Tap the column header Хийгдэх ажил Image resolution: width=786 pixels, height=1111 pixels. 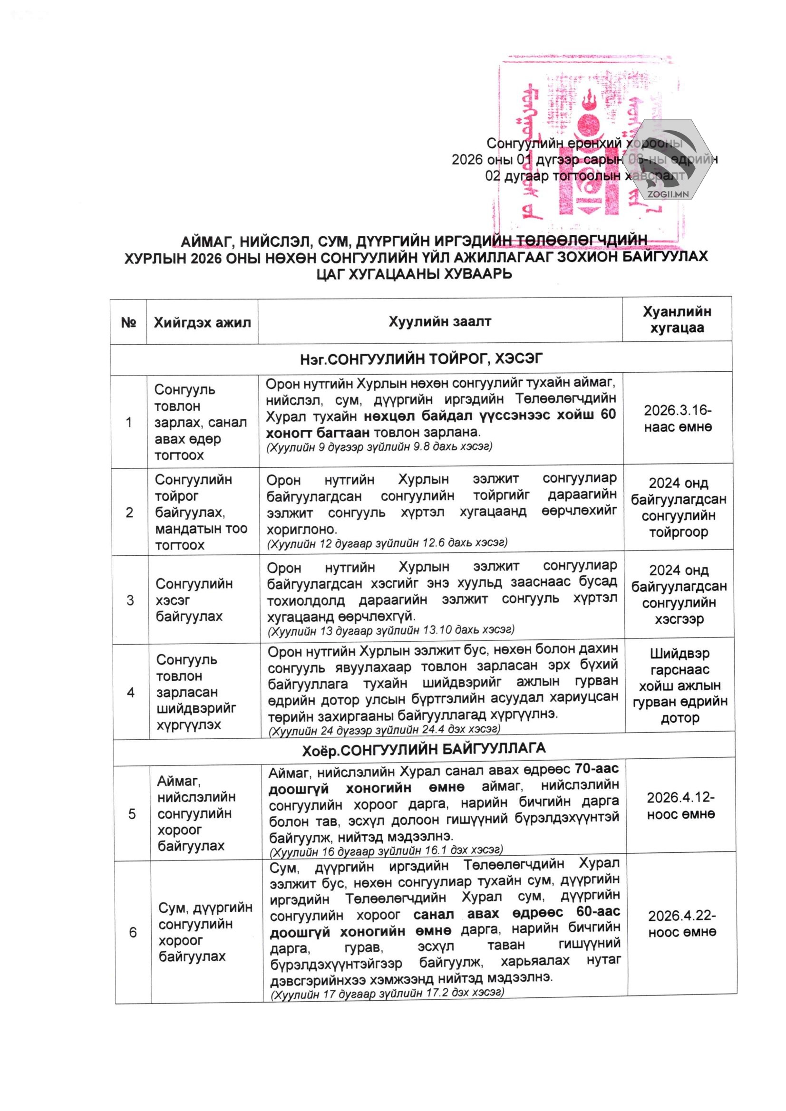[x=202, y=323]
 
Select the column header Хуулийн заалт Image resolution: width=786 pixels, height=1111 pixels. [x=439, y=322]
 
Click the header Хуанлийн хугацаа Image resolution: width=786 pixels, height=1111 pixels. [x=677, y=320]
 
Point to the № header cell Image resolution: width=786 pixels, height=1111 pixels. [x=128, y=323]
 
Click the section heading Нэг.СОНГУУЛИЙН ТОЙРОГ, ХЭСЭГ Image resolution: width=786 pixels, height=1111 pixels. [x=421, y=358]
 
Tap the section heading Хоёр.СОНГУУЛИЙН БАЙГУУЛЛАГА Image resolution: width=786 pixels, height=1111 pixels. [x=424, y=750]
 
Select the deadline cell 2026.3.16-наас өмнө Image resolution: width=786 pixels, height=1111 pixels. [x=678, y=418]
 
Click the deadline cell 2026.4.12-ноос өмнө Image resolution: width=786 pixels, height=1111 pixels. [x=680, y=806]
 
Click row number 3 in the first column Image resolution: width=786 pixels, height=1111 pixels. [x=130, y=600]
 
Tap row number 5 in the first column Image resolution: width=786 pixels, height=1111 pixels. [x=132, y=814]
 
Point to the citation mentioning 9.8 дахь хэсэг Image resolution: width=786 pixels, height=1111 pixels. [x=379, y=446]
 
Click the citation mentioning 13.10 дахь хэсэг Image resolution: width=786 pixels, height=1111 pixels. [x=391, y=630]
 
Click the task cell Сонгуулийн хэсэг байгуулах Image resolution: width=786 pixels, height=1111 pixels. [x=194, y=600]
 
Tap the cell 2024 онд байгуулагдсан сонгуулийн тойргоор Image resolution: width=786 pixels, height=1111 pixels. [x=679, y=508]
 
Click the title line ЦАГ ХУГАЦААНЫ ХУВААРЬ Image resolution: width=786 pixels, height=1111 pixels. [x=414, y=274]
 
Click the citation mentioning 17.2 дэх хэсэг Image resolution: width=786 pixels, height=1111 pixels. [x=387, y=993]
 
